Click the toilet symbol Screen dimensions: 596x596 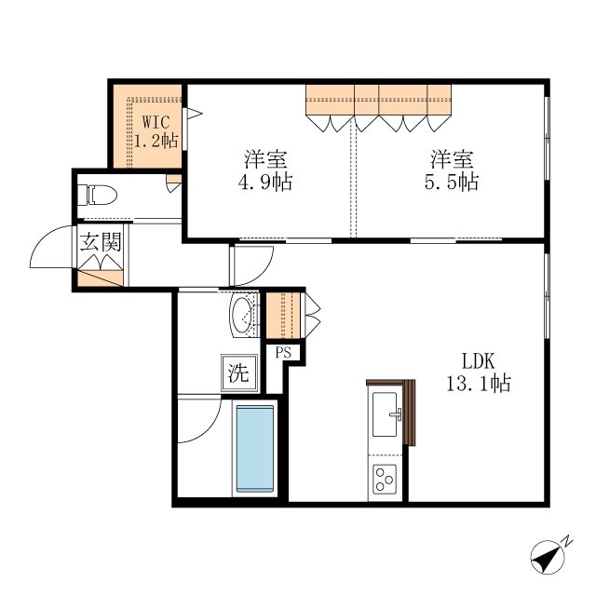coord(97,195)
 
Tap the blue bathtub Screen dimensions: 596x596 coord(254,449)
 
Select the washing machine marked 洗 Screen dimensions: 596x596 coord(239,372)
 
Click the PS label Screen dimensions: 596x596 coord(283,353)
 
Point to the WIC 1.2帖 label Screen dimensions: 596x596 coord(156,131)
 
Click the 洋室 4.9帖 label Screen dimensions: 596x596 coord(265,170)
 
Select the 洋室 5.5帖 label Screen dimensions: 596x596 coord(452,170)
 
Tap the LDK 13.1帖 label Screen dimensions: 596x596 coord(479,372)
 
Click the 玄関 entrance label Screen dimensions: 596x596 coord(101,242)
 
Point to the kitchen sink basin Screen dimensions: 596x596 coord(385,414)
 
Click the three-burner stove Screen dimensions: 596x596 coord(385,480)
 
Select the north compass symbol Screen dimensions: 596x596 coord(548,557)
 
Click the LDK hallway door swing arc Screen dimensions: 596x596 coord(263,273)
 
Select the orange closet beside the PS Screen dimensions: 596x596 coord(283,315)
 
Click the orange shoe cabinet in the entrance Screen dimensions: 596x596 coord(101,278)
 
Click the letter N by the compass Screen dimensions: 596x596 coord(567,541)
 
